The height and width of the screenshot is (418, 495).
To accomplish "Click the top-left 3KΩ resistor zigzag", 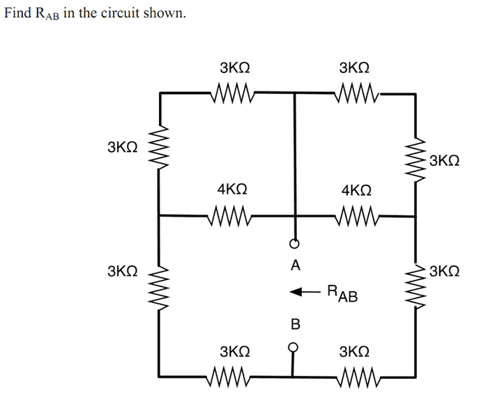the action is click(x=233, y=93).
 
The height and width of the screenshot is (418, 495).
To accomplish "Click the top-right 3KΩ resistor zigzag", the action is click(x=356, y=93).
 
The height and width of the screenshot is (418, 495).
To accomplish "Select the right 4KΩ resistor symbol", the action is click(x=356, y=216).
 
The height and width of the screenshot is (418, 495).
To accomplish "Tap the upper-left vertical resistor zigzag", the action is click(x=159, y=148).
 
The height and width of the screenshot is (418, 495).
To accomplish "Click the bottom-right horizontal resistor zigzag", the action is click(x=356, y=376).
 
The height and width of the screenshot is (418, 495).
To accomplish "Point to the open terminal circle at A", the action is click(x=294, y=244).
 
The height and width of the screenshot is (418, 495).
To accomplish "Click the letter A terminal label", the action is click(x=296, y=265).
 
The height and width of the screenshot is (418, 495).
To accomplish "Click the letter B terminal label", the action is click(x=295, y=324).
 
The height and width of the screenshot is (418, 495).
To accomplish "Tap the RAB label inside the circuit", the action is click(x=342, y=293).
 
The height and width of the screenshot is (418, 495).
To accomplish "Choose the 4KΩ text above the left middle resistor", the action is click(x=232, y=189).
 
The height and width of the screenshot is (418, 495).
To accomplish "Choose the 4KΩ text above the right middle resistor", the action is click(x=356, y=191).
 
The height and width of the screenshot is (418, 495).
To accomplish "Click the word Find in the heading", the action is click(x=17, y=13).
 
